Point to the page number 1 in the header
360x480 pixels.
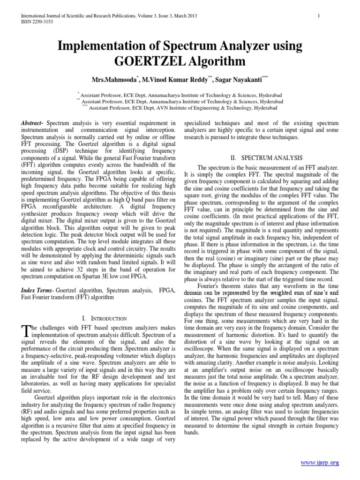(318, 16)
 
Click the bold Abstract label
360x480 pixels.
(31, 123)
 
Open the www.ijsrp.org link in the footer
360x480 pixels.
(320, 463)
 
